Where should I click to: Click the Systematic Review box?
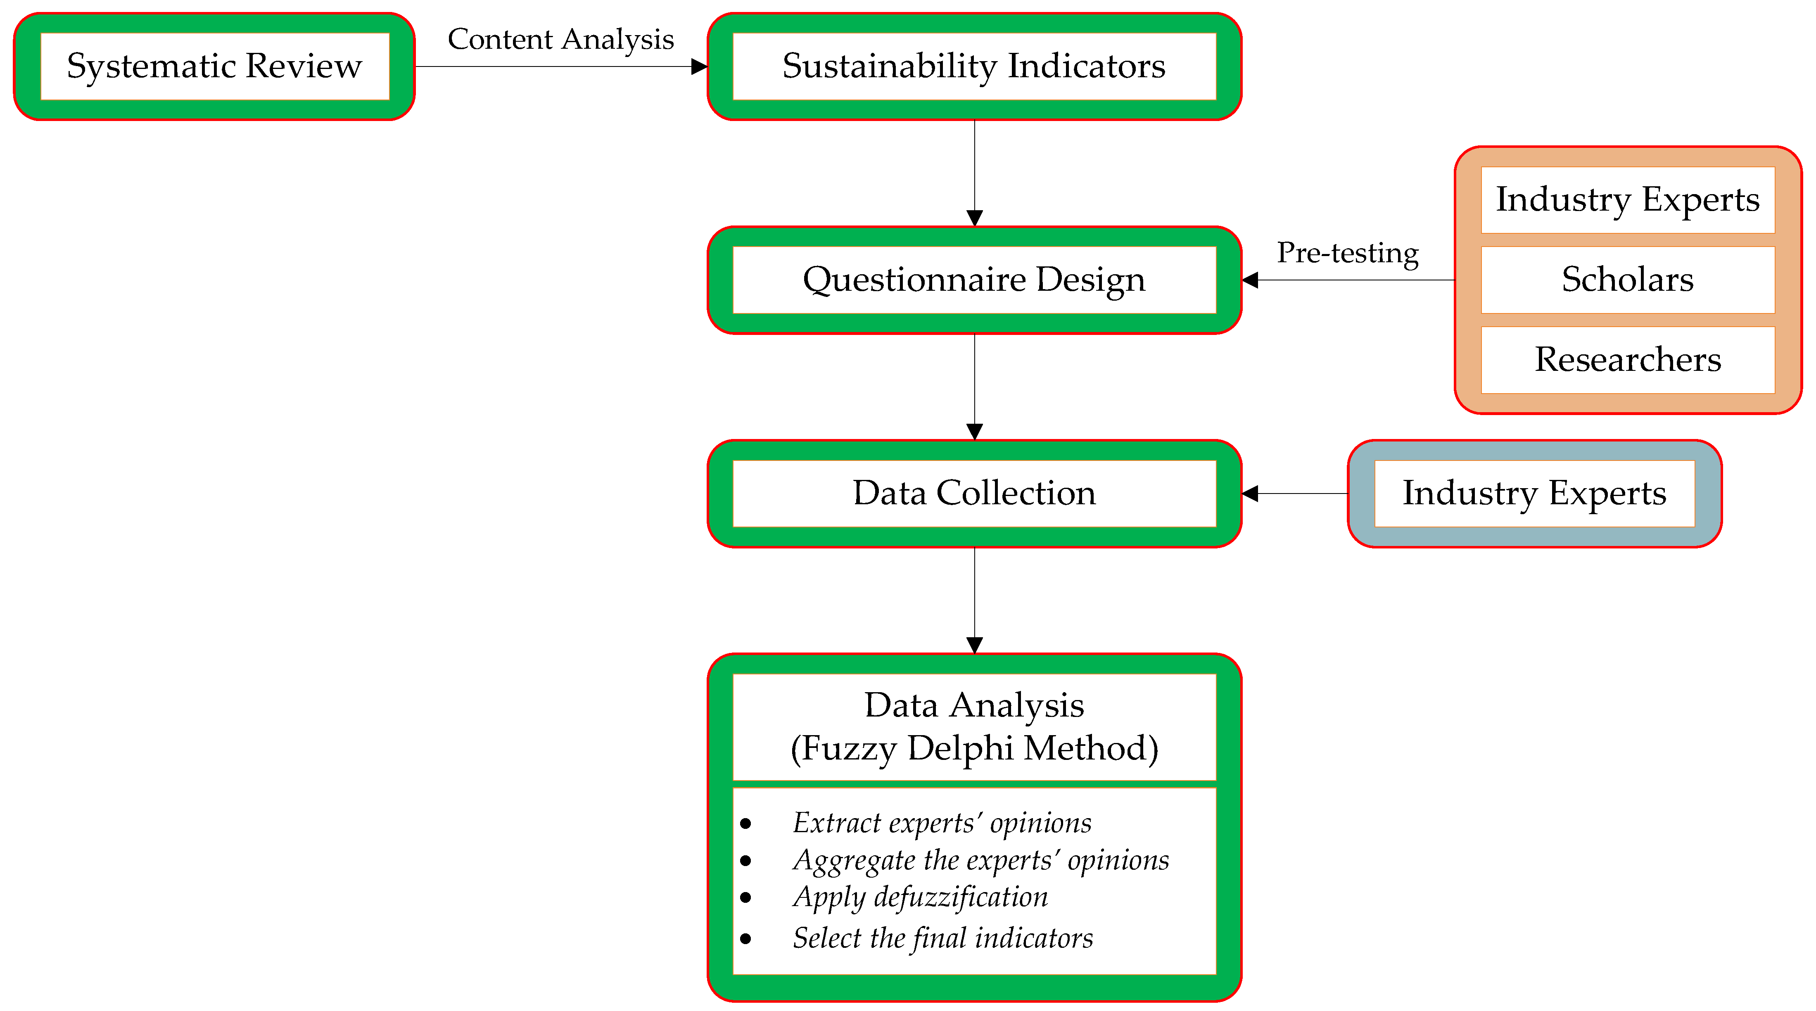pos(214,66)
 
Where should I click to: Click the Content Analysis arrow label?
pos(560,40)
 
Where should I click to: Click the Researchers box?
pos(1627,360)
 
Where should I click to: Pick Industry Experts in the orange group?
pos(1627,199)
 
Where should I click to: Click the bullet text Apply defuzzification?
pos(920,897)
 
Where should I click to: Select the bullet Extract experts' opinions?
pos(942,823)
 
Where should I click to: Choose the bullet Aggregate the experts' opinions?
pos(980,860)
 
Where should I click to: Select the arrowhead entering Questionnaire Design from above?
pos(974,218)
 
